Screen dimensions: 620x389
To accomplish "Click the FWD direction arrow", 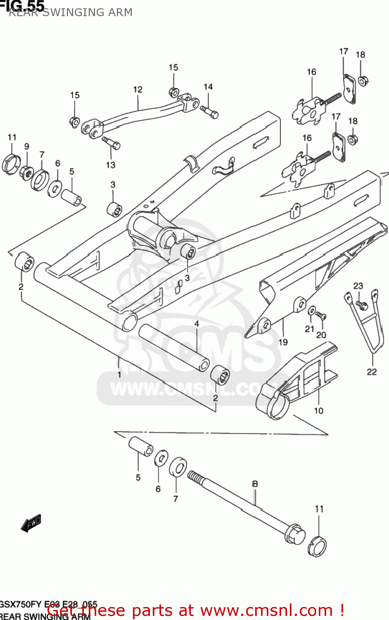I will pos(31,523).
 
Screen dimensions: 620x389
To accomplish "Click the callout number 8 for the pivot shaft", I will pos(255,484).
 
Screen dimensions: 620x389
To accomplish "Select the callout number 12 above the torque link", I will pos(138,89).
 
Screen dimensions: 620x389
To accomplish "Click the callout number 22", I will pos(372,372).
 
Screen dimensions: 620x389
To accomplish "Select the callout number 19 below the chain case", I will pos(283,342).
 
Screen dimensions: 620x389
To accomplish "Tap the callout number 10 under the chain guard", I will pos(318,410).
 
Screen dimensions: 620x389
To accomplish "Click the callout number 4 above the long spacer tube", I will pos(197,324).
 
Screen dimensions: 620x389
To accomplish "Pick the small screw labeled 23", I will pos(362,305).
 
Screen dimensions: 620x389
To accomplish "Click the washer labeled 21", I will pos(312,310).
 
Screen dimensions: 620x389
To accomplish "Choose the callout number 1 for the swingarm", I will pos(119,374).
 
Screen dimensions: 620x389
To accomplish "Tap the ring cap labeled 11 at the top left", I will pos(11,164).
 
